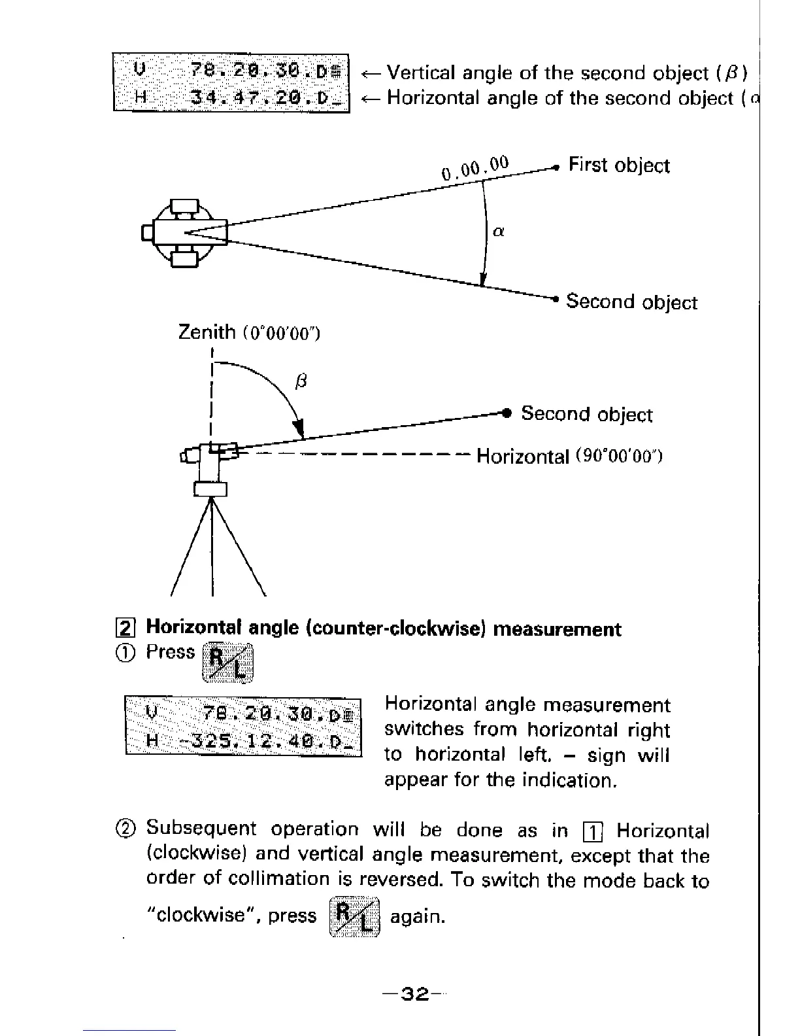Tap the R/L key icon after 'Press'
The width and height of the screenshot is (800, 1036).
[x=227, y=662]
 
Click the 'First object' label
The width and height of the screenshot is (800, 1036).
[x=618, y=165]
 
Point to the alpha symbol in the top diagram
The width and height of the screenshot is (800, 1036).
[x=498, y=231]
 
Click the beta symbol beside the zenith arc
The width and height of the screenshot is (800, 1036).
[x=301, y=381]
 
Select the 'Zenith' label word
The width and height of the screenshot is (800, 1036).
[x=207, y=332]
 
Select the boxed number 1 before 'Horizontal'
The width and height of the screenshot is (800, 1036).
[x=592, y=833]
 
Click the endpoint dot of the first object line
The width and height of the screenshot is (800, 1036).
[x=556, y=167]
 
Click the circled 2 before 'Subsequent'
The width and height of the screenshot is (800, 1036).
[x=128, y=829]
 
